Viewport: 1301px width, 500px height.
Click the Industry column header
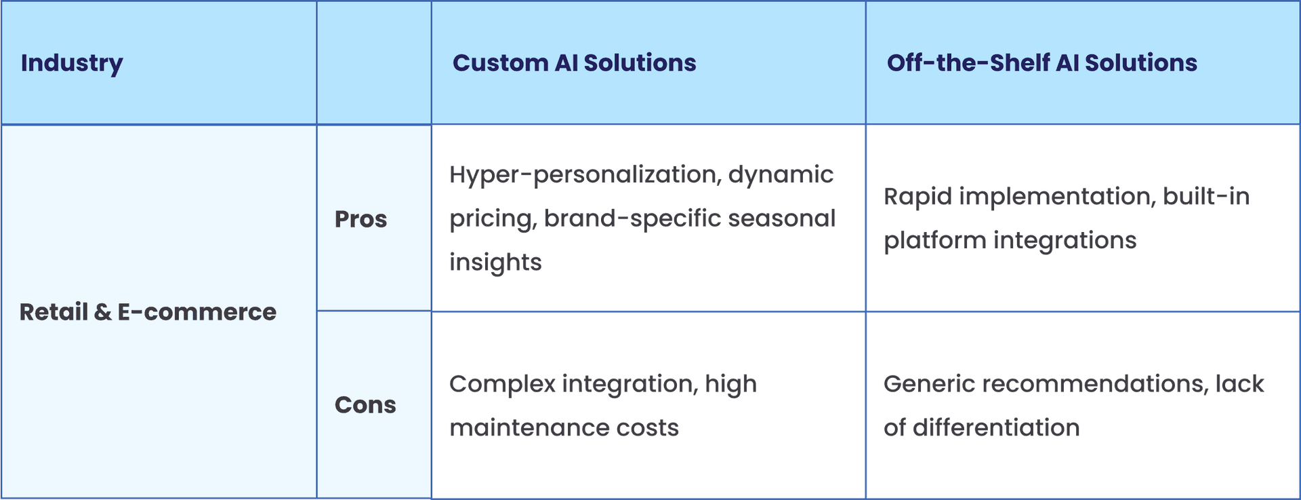point(72,63)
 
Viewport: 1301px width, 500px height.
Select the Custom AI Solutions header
point(574,63)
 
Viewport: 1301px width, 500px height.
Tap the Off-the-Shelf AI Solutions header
point(1041,63)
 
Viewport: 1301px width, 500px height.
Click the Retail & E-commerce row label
point(148,312)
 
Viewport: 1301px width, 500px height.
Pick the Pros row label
point(360,219)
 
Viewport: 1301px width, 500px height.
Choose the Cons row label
point(365,405)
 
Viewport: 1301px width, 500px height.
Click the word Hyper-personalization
point(584,175)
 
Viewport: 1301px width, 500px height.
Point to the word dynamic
point(781,175)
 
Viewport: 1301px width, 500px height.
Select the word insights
point(495,263)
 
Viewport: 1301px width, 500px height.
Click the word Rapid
point(916,197)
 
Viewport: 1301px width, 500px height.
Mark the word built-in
point(1206,197)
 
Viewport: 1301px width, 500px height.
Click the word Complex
point(501,385)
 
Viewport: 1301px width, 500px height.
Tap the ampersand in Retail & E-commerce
point(102,312)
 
